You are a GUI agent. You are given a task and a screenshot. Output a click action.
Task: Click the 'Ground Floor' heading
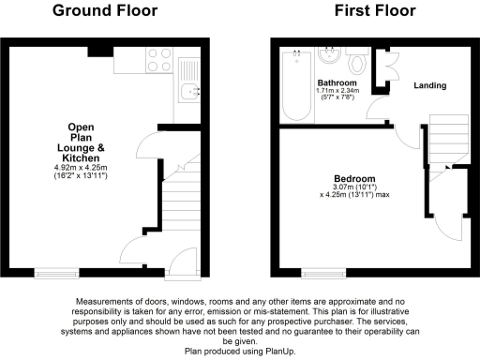click(105, 11)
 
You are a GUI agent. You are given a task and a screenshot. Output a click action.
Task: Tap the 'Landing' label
click(430, 85)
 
